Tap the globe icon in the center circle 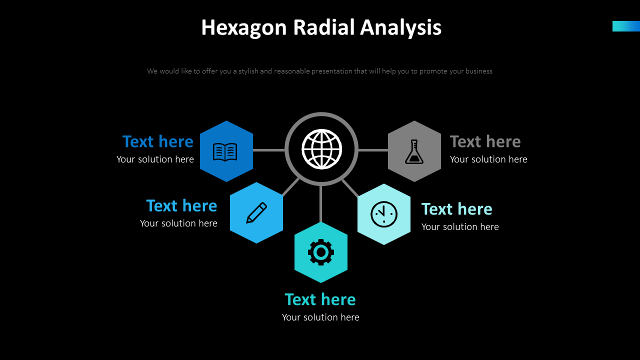pos(321,149)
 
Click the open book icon pos(225,151)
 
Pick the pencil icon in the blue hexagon pos(256,212)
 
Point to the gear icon pos(320,252)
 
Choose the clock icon pos(384,214)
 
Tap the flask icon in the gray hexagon pos(414,151)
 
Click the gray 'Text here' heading pos(485,142)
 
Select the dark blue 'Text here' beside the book pos(157,142)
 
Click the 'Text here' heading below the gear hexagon pos(320,299)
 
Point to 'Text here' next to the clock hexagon pos(456,209)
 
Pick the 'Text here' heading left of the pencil pos(181,206)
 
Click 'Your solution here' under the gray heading pos(488,159)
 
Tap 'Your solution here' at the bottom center pos(320,317)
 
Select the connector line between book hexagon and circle pos(268,150)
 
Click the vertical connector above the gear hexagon pos(320,204)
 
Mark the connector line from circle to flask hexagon pos(373,150)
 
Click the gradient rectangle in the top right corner pos(626,26)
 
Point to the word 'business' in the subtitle pos(478,71)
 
